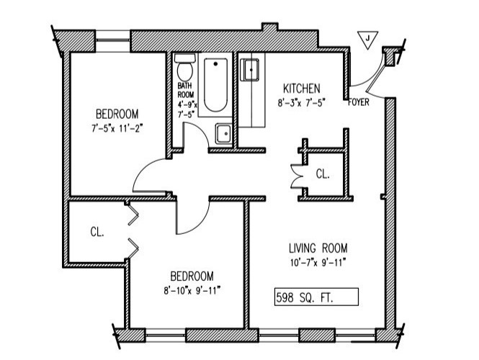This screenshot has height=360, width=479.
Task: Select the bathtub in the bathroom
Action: click(214, 87)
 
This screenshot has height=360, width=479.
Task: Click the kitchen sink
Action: click(250, 70)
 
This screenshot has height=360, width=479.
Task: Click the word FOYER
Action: click(359, 102)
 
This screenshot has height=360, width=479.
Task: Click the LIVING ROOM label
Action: click(314, 248)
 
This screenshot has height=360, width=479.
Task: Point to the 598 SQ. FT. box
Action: click(316, 296)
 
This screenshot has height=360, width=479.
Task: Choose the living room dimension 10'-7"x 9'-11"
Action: click(314, 262)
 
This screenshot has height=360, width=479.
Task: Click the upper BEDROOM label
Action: click(117, 114)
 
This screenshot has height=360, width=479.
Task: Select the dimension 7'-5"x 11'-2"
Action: click(117, 128)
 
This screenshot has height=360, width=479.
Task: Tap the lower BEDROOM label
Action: click(192, 275)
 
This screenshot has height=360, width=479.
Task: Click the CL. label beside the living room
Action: click(323, 174)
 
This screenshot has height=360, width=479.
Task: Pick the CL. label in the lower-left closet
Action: click(97, 232)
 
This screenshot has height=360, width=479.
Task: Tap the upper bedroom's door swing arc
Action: click(150, 176)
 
